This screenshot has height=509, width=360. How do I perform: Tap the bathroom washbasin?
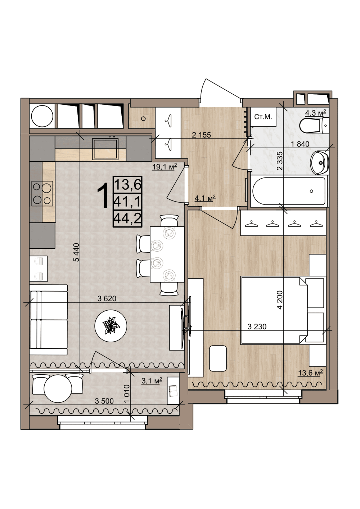pyautogui.click(x=320, y=162)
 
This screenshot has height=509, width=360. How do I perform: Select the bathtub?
pyautogui.click(x=289, y=191)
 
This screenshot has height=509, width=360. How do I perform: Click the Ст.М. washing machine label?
pyautogui.click(x=263, y=117)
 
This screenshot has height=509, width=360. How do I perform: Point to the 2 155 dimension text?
pyautogui.click(x=201, y=135)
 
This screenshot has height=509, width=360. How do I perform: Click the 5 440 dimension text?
pyautogui.click(x=77, y=252)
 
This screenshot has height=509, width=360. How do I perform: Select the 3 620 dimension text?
pyautogui.click(x=107, y=298)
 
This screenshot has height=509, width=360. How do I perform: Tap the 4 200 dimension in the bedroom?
pyautogui.click(x=280, y=300)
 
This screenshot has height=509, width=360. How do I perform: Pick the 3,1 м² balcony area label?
pyautogui.click(x=152, y=380)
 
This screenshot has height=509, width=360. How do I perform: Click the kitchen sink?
pyautogui.click(x=105, y=149)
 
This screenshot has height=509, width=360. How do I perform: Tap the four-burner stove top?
pyautogui.click(x=42, y=194)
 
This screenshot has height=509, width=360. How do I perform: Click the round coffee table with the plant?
pyautogui.click(x=111, y=326)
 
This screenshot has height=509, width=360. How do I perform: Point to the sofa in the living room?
pyautogui.click(x=48, y=320)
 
